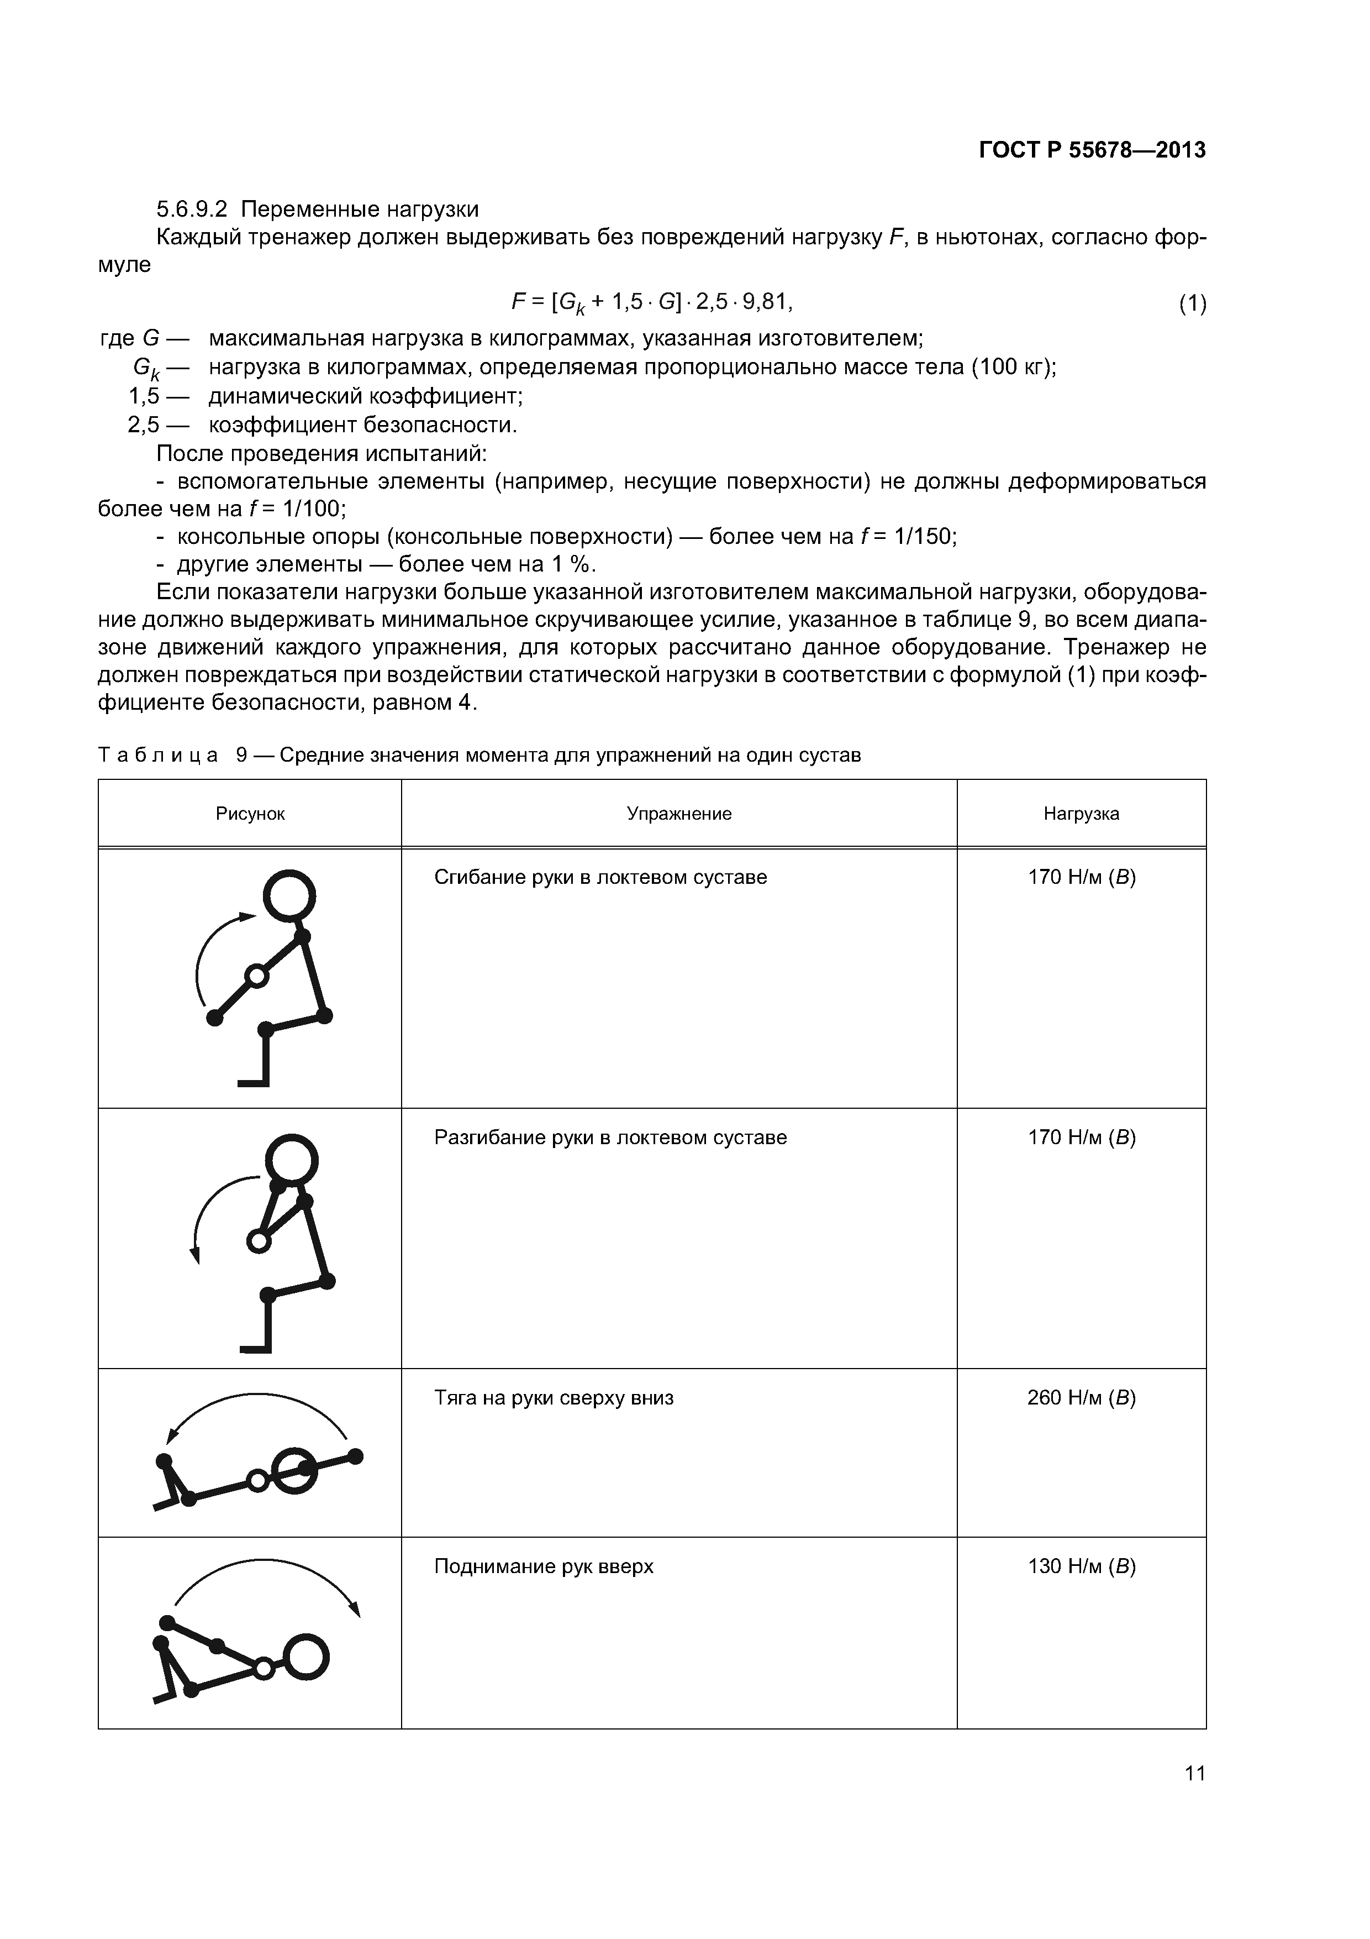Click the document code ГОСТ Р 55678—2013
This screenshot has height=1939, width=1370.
point(1092,150)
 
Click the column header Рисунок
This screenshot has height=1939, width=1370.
point(250,813)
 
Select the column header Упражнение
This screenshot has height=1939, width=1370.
point(679,813)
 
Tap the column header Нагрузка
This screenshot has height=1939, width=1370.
point(1081,813)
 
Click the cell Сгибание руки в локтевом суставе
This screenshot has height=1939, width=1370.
point(600,877)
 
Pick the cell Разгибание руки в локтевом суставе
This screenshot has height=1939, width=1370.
point(610,1138)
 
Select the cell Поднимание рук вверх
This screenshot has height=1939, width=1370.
point(544,1566)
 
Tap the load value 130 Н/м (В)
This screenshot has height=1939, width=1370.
point(1081,1566)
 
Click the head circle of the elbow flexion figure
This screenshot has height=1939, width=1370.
point(289,895)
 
